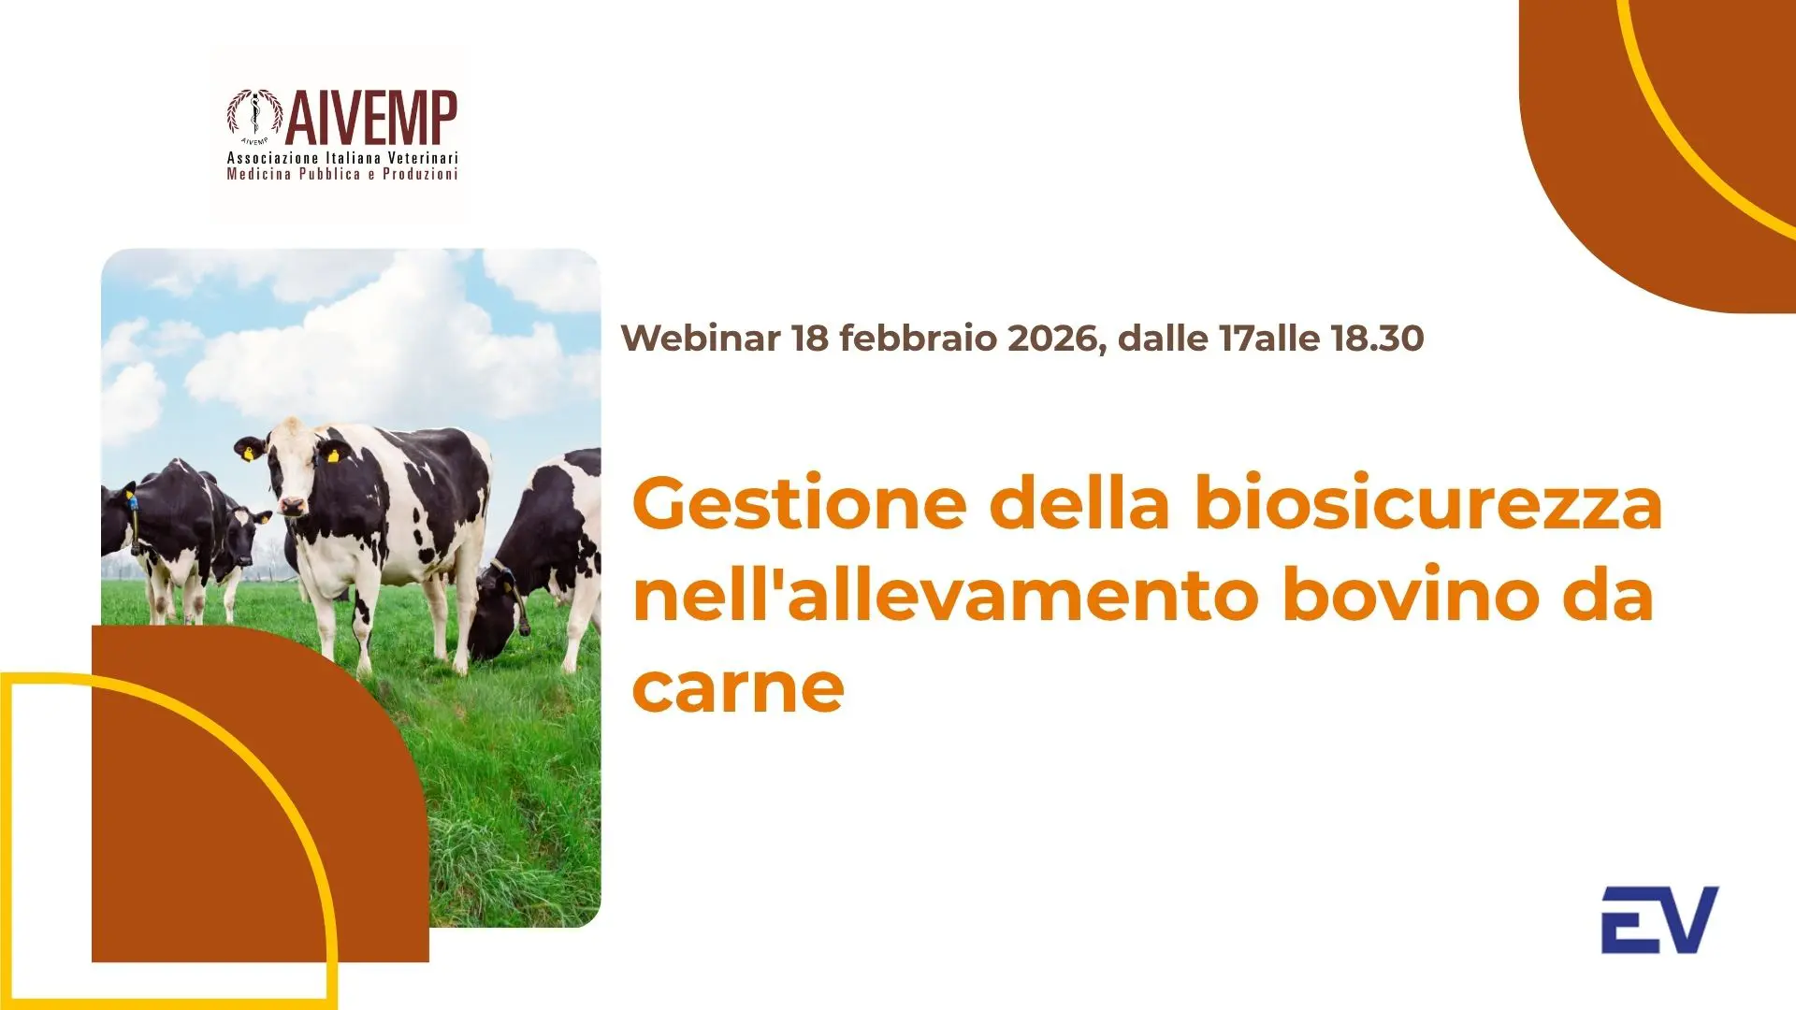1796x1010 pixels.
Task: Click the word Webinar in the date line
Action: pos(701,339)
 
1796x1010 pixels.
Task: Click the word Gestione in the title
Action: pos(800,505)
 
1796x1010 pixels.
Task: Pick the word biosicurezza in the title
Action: pos(1428,505)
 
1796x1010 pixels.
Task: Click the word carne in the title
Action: pos(738,687)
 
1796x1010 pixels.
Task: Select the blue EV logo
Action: pos(1659,920)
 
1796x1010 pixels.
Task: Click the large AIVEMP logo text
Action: pos(370,118)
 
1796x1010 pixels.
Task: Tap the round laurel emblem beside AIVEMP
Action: pos(253,115)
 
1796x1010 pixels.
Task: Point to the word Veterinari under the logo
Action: pos(423,158)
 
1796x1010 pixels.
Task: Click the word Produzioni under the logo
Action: pos(420,174)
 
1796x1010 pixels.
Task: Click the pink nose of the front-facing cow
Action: pos(292,507)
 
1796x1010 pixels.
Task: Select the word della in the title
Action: pos(1079,505)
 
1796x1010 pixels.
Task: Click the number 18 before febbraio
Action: pos(810,339)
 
